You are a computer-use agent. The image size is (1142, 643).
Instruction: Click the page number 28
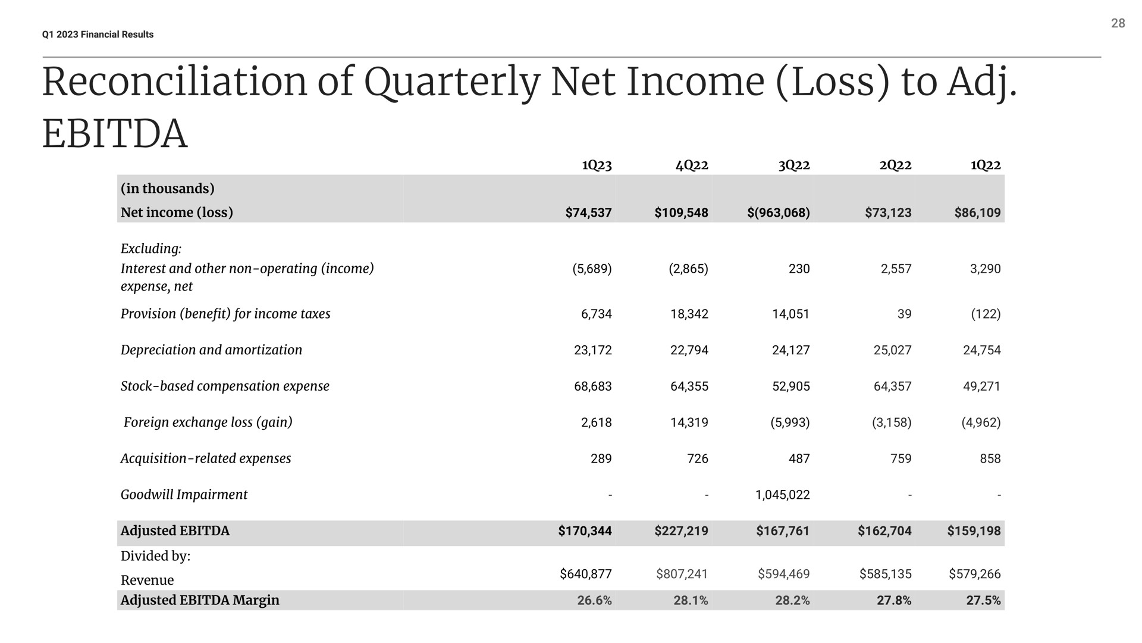coord(1118,23)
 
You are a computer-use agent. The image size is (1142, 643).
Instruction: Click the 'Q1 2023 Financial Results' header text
coord(98,35)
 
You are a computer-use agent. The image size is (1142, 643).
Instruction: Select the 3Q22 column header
coord(794,165)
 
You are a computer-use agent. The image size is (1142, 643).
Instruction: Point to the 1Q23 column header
coord(597,165)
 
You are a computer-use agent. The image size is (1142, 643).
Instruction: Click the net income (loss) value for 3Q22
coord(779,213)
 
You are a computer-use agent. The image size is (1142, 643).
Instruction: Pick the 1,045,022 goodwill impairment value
coord(782,495)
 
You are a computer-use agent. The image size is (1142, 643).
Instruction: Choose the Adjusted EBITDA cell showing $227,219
coord(681,530)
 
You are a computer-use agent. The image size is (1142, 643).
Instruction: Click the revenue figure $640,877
coord(586,574)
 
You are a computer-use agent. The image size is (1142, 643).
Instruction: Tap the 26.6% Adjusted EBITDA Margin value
coord(594,601)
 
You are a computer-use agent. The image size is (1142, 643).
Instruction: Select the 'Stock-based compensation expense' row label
coord(225,386)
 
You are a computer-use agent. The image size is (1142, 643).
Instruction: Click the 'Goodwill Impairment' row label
coord(184,495)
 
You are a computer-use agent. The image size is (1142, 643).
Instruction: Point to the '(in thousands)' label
coord(167,189)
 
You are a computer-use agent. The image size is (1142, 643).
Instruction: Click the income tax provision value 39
coord(904,314)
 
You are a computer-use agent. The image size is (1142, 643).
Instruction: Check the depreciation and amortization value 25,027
coord(892,350)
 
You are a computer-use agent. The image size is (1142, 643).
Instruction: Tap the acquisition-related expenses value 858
coord(990,458)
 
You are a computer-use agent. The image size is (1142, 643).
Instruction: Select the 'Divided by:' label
coord(155,556)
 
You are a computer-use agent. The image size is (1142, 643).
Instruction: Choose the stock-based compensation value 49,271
coord(982,386)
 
